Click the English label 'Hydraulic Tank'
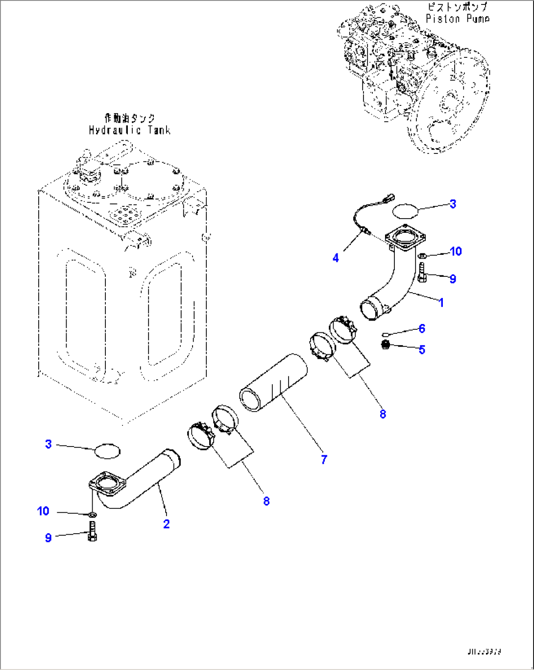(129, 130)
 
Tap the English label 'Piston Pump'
(457, 19)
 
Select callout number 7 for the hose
(324, 459)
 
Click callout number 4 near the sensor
(336, 258)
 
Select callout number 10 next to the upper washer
(456, 251)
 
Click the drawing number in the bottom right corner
(484, 652)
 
